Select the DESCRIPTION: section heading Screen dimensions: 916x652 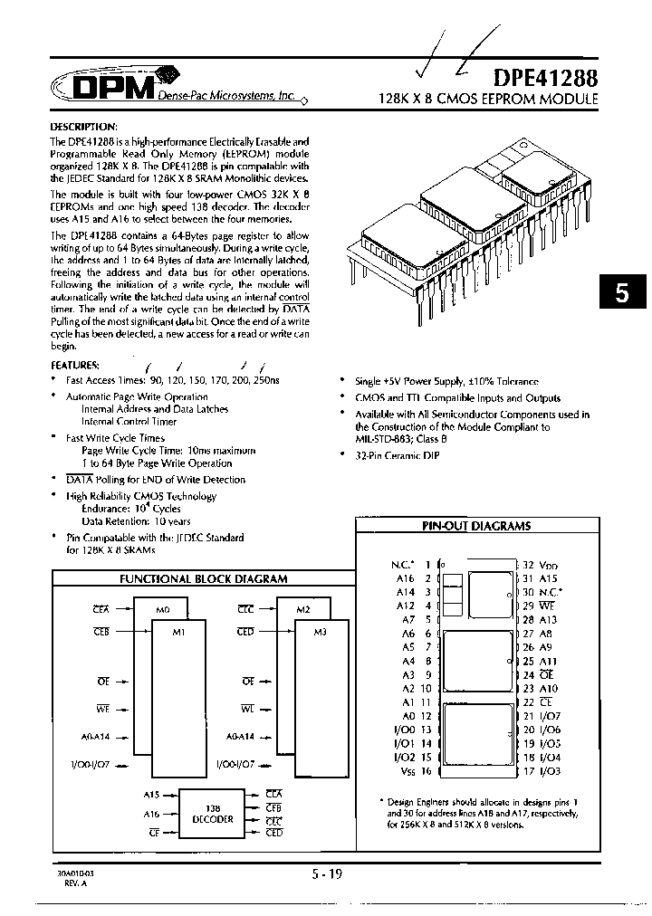(82, 125)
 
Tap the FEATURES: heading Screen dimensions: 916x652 (75, 365)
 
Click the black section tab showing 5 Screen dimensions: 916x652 (621, 293)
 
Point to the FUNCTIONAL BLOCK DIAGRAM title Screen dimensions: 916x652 (204, 578)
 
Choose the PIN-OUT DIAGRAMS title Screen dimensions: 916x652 (476, 526)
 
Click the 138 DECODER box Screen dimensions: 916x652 (213, 813)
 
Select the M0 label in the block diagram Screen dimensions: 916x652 (163, 610)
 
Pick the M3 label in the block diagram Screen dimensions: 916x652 (319, 632)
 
